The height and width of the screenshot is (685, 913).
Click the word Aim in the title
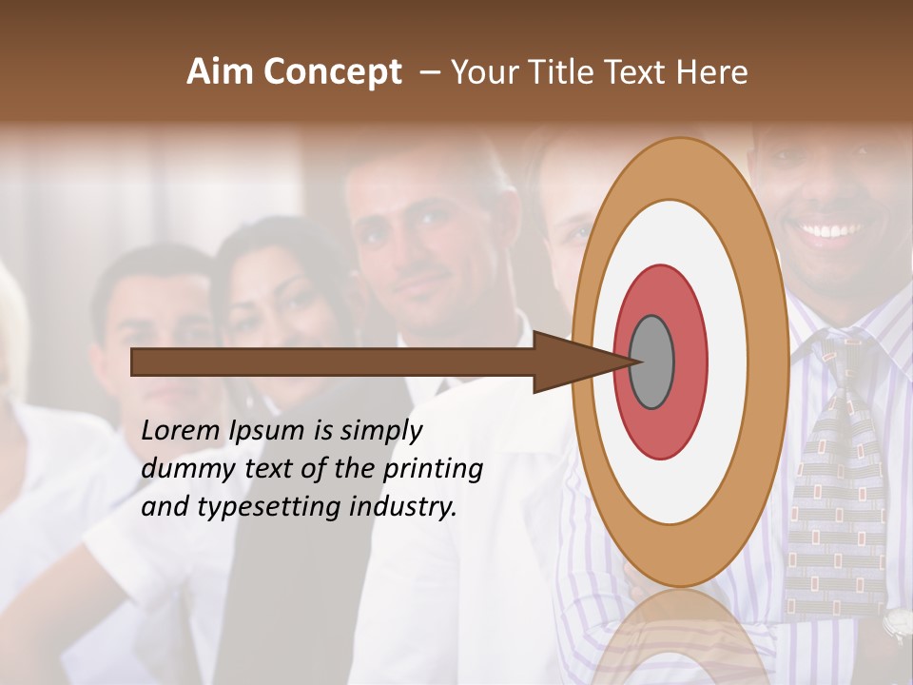coord(221,72)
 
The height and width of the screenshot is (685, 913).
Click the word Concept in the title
coord(332,72)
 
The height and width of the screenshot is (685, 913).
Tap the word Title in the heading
coord(567,72)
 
